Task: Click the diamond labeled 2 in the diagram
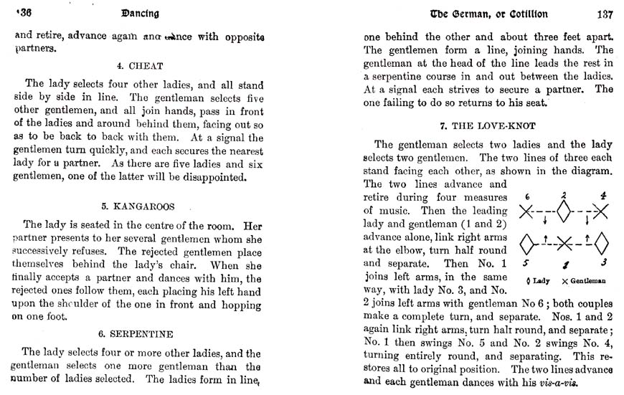564,211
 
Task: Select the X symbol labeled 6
527,211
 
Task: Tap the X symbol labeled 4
600,211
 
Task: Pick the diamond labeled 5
527,243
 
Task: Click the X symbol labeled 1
564,244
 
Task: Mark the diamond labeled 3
600,243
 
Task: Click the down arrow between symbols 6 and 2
545,219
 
